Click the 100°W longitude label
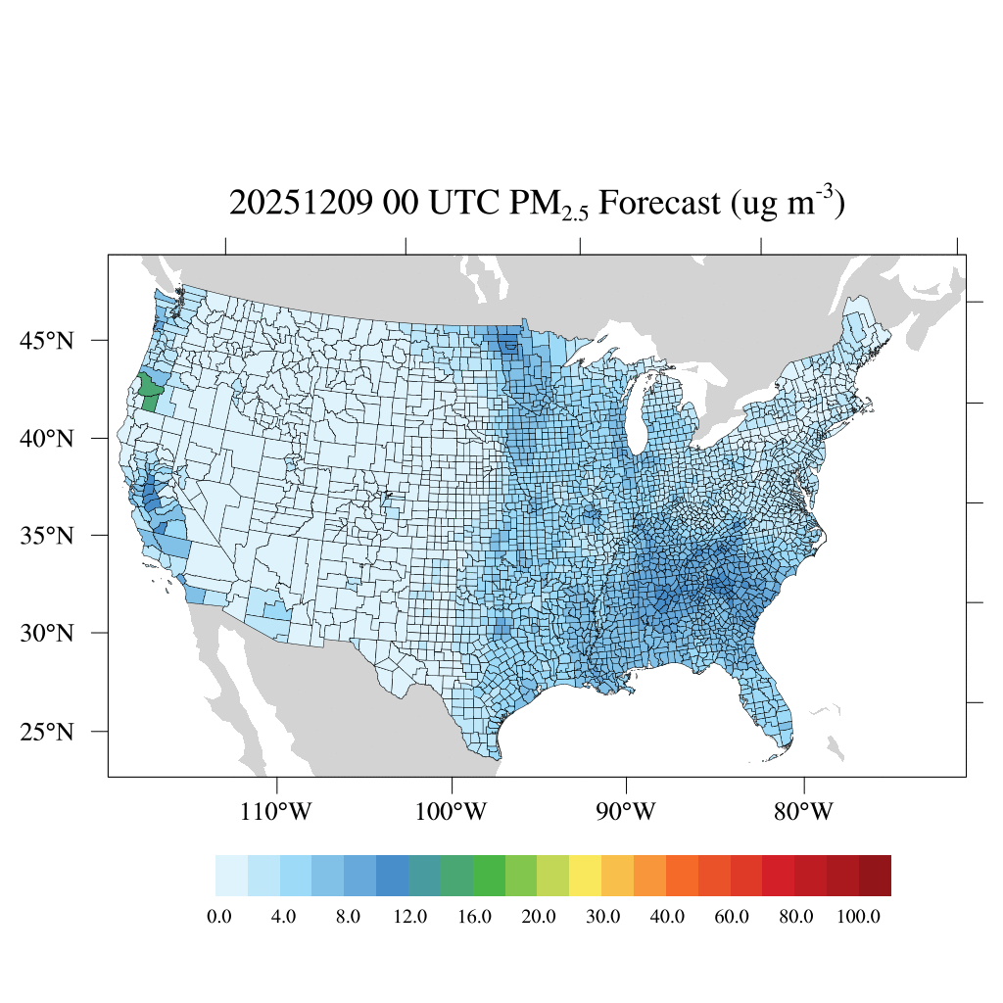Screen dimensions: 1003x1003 tap(452, 812)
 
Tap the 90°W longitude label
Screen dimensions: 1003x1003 tap(626, 812)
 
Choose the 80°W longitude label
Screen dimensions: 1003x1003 tap(804, 812)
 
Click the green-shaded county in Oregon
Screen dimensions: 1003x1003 tap(149, 392)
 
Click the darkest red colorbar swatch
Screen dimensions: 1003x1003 tap(875, 875)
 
